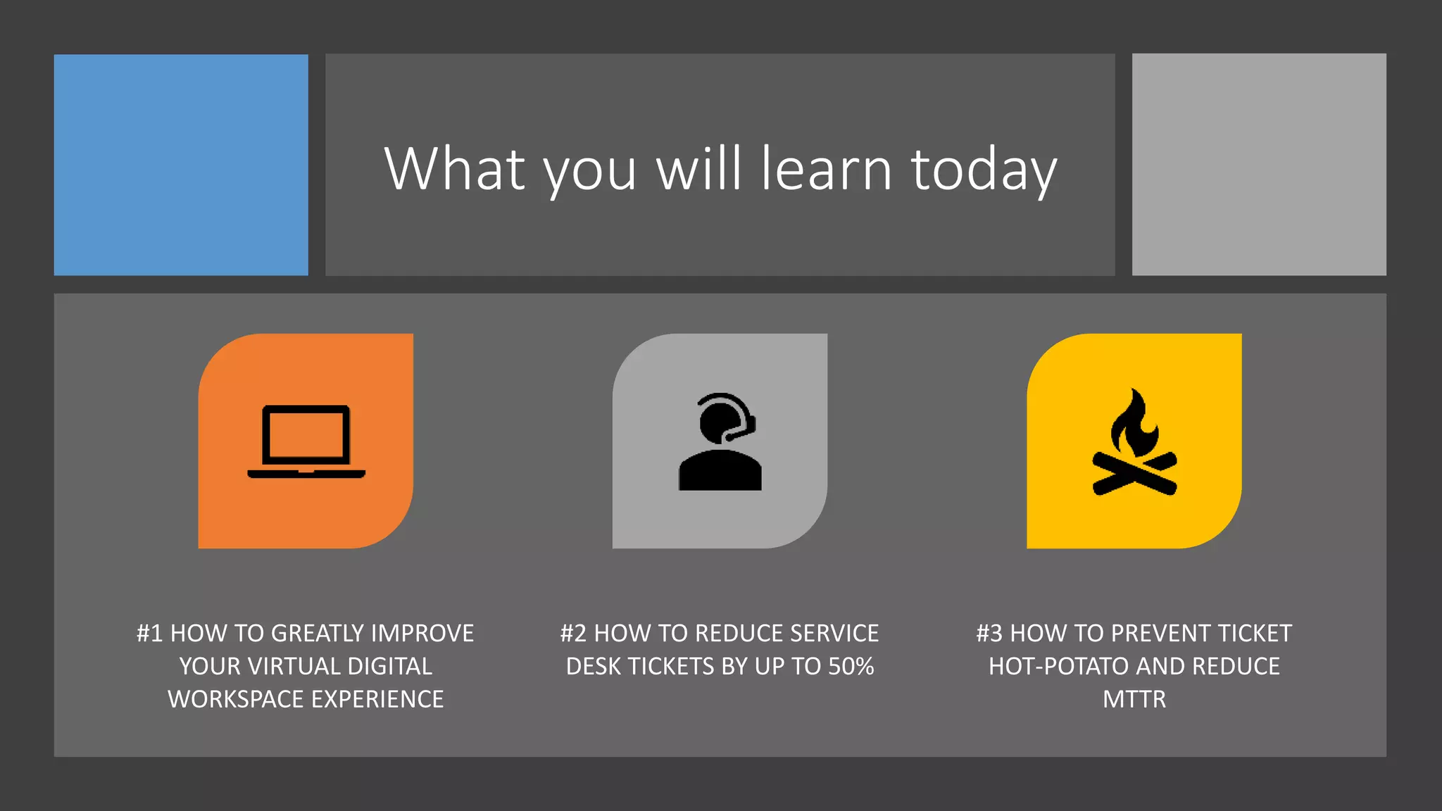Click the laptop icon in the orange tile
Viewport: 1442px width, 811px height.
pos(306,441)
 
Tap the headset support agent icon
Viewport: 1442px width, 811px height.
pos(720,441)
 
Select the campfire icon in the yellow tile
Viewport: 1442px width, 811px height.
pos(1134,443)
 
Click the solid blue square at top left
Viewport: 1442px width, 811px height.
pos(181,165)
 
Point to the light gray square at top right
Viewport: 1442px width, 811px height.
pos(1259,165)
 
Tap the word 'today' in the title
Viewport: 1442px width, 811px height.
pos(984,170)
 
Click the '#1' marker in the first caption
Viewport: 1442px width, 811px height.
pos(150,634)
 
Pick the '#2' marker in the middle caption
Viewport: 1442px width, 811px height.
pos(573,634)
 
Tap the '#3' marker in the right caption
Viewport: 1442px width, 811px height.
pos(989,634)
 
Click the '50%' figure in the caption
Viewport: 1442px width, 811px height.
pos(851,667)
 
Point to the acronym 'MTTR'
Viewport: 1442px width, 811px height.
pos(1134,700)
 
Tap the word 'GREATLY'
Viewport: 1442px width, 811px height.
pos(317,634)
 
